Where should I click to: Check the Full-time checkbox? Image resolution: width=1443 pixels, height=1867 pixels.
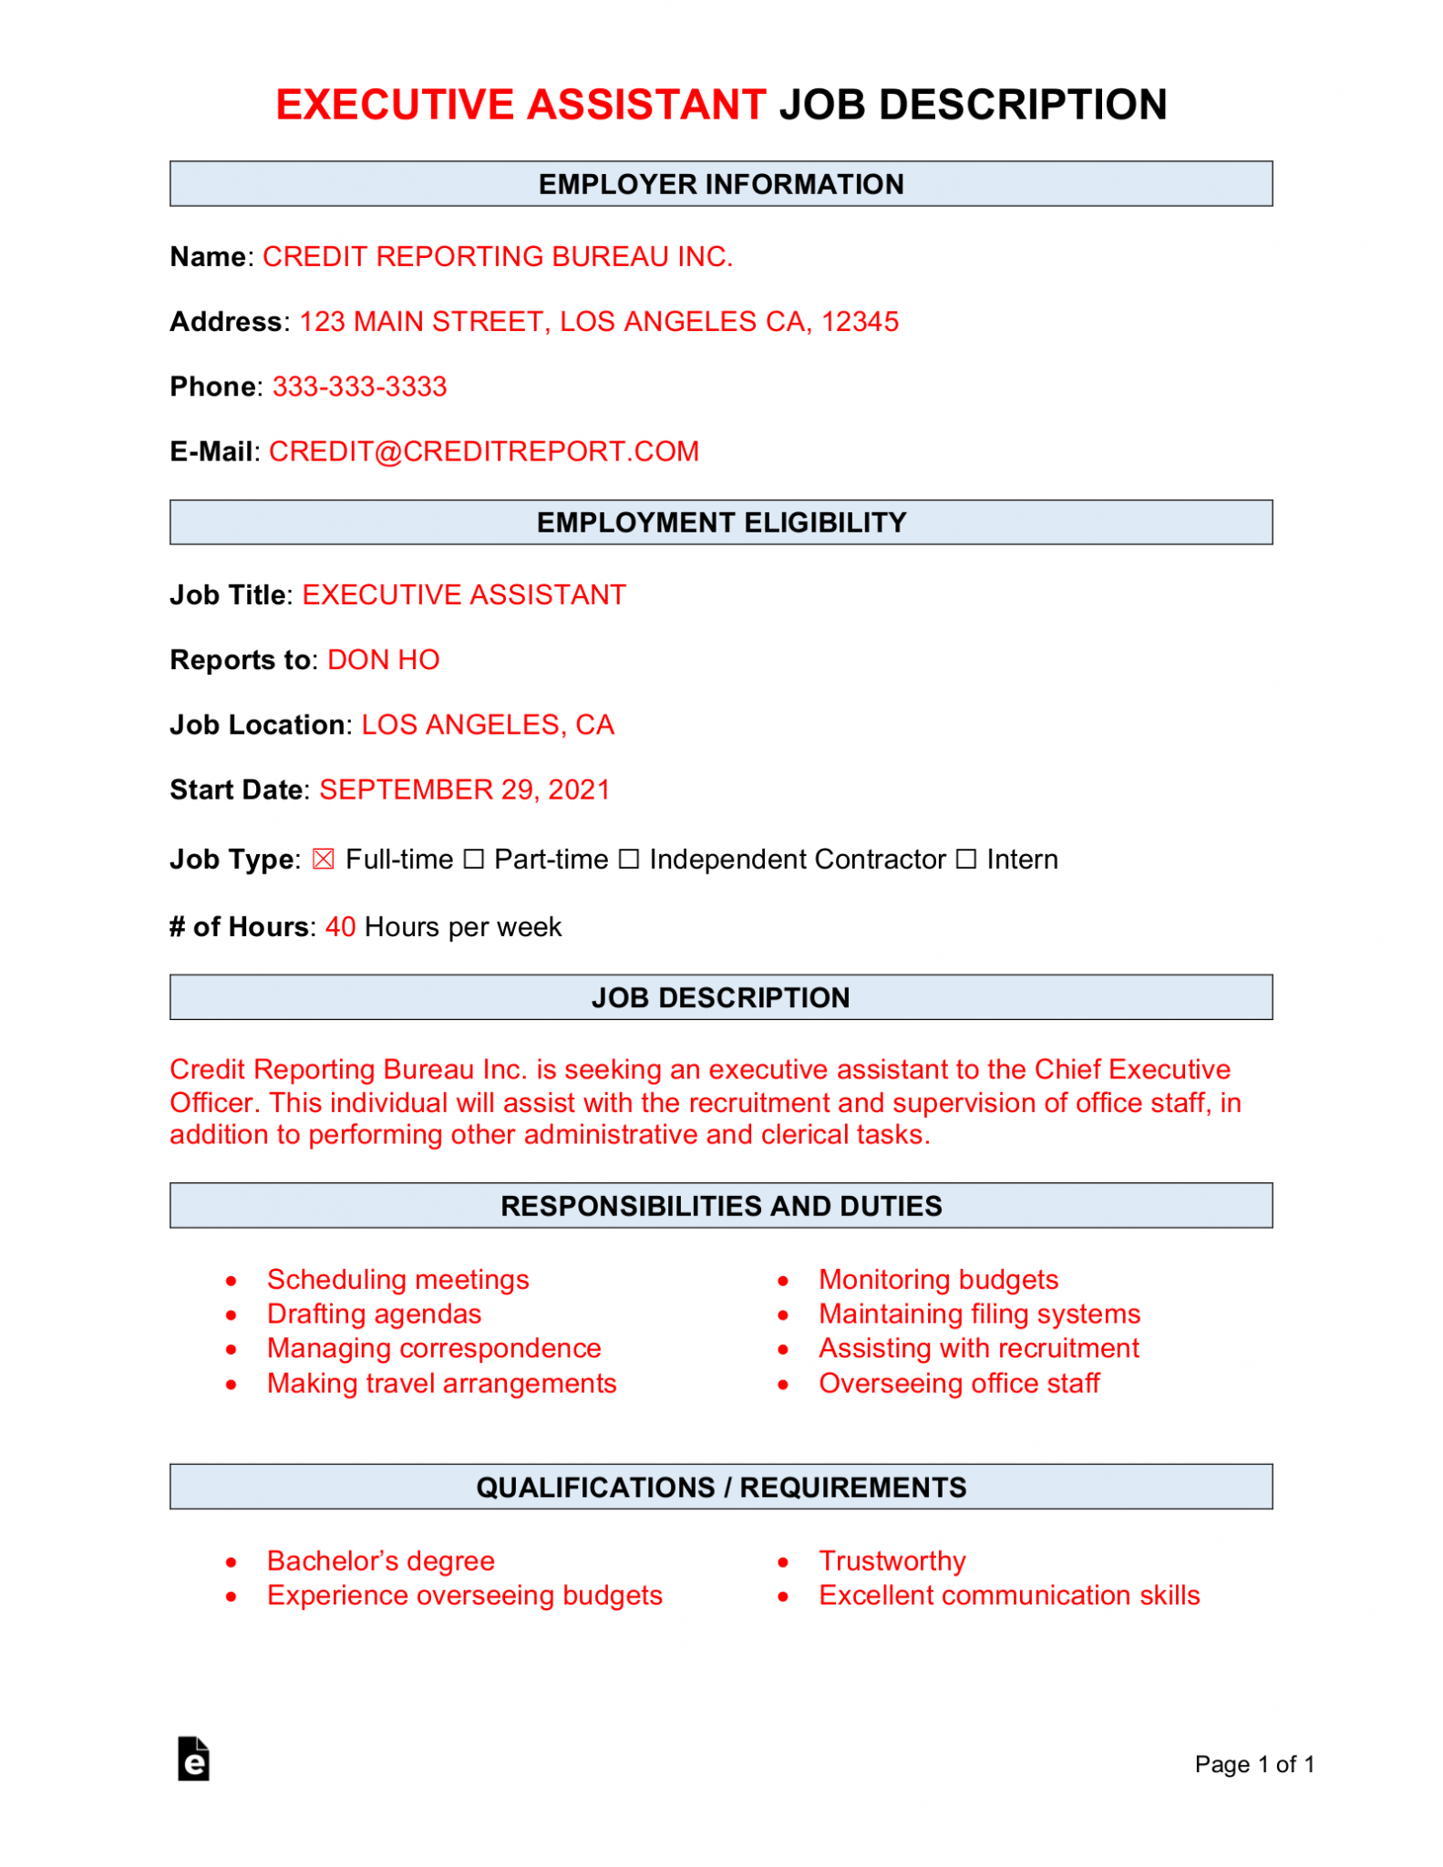tap(323, 860)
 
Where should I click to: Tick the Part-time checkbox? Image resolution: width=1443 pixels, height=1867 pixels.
tap(473, 860)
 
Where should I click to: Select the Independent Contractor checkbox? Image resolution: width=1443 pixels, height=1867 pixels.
tap(629, 860)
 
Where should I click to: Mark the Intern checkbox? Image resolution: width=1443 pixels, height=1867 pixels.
tap(966, 860)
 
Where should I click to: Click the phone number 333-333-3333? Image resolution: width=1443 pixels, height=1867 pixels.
tap(359, 387)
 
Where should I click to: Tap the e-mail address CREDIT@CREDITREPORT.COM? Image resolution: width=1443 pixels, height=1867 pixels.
tap(484, 451)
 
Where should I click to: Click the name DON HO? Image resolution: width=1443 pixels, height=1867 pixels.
tap(383, 660)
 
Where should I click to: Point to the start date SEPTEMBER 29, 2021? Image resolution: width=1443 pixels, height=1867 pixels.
tap(464, 789)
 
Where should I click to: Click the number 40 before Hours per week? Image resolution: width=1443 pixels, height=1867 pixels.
tap(340, 927)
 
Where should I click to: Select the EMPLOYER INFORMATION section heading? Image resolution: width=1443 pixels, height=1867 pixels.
tap(721, 184)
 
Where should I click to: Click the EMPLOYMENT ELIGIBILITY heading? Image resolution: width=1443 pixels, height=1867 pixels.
tap(721, 522)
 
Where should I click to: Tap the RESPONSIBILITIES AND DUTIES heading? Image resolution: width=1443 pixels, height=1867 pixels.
tap(721, 1206)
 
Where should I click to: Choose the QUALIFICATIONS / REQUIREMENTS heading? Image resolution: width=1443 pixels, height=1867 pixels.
tap(721, 1487)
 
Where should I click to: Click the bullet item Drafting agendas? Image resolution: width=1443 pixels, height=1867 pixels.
tap(374, 1314)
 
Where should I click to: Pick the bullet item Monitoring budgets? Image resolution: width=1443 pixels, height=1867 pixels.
tap(938, 1279)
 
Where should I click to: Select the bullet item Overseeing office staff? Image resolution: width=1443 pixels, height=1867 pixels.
tap(959, 1383)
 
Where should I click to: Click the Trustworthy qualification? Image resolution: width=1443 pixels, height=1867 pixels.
tap(892, 1561)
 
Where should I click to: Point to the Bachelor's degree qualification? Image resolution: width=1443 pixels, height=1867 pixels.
tap(380, 1561)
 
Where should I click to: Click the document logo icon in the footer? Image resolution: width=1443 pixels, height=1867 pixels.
tap(193, 1759)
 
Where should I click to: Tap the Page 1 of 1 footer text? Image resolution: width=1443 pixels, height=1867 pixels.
tap(1254, 1765)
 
